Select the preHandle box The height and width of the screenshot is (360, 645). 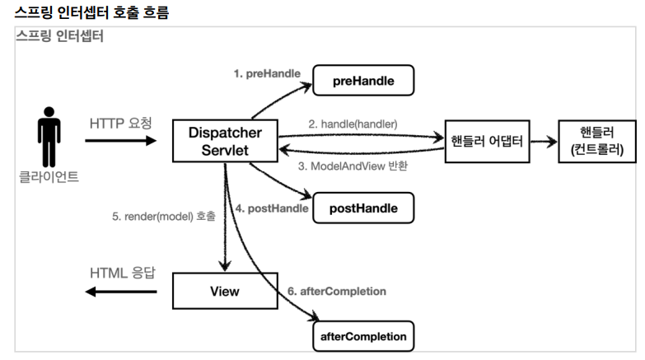coord(362,82)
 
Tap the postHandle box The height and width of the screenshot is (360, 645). coord(362,208)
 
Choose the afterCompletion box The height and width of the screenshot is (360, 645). coord(363,337)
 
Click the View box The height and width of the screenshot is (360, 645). coord(224,292)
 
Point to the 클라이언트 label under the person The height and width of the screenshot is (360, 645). coord(49,175)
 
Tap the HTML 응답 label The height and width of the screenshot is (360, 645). coord(120,273)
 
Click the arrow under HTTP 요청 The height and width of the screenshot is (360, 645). coord(120,141)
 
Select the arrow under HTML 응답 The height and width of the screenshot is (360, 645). coord(120,292)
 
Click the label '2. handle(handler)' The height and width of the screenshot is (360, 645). coord(353,124)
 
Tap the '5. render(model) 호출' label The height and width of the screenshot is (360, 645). coord(164,217)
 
